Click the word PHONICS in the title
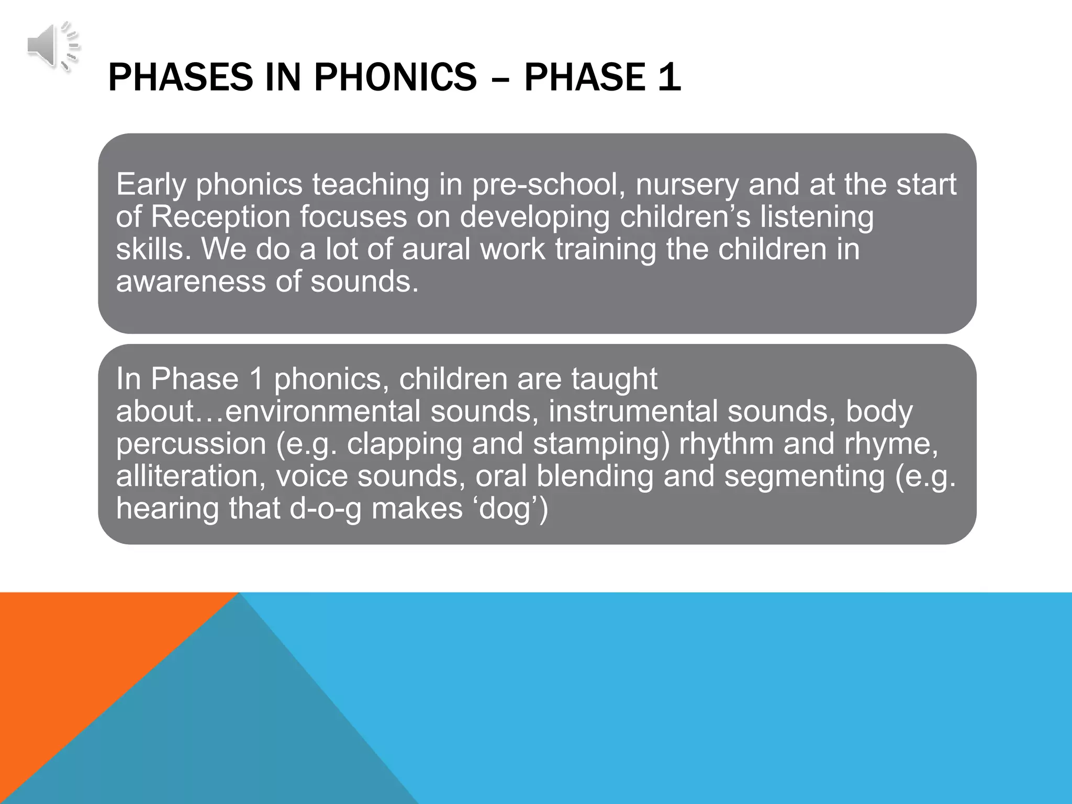point(395,77)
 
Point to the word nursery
point(686,186)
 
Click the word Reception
point(220,217)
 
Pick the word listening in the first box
point(817,217)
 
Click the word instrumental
point(633,411)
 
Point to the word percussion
point(191,444)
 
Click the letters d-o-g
point(325,509)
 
